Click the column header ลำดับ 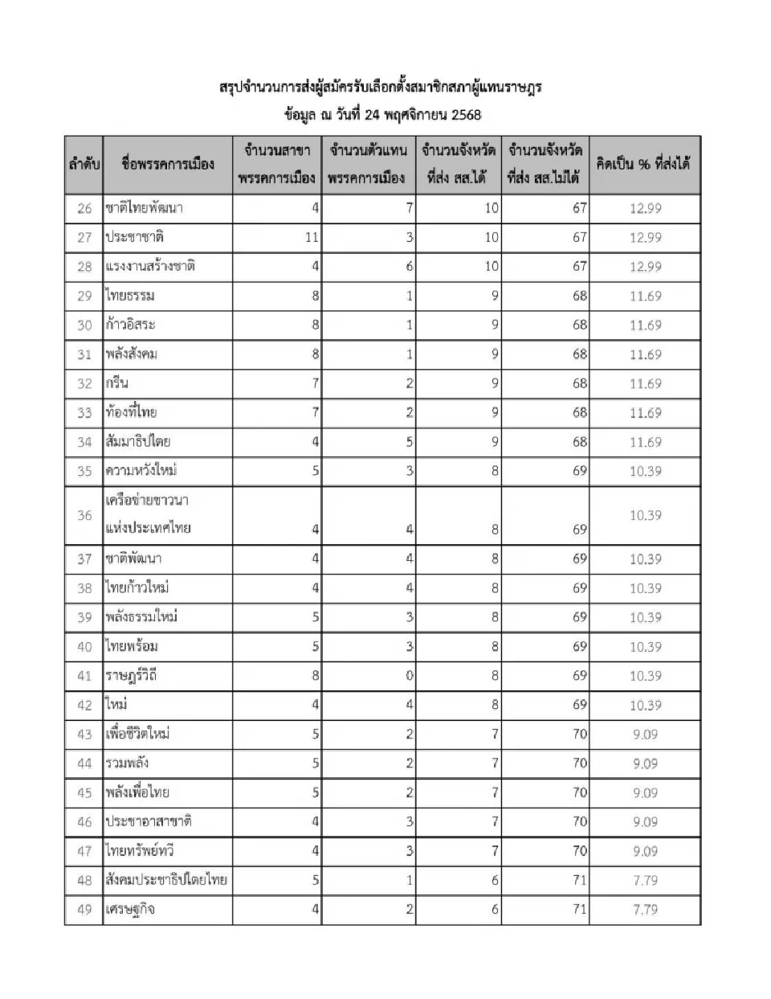[84, 165]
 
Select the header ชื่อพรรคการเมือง [168, 165]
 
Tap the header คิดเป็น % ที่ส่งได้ [644, 164]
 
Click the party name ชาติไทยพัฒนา [145, 208]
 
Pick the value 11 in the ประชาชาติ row [312, 237]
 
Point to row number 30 [84, 325]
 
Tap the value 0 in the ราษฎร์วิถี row [410, 676]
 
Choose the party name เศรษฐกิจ [130, 909]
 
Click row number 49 [84, 909]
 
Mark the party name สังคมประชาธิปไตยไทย [166, 880]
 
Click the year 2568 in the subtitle [466, 115]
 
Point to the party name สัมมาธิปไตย [138, 441]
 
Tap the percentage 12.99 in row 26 [645, 208]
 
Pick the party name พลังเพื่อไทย [137, 792]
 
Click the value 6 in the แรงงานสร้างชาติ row [410, 266]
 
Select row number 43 [84, 734]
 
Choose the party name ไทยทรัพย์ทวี [140, 850]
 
